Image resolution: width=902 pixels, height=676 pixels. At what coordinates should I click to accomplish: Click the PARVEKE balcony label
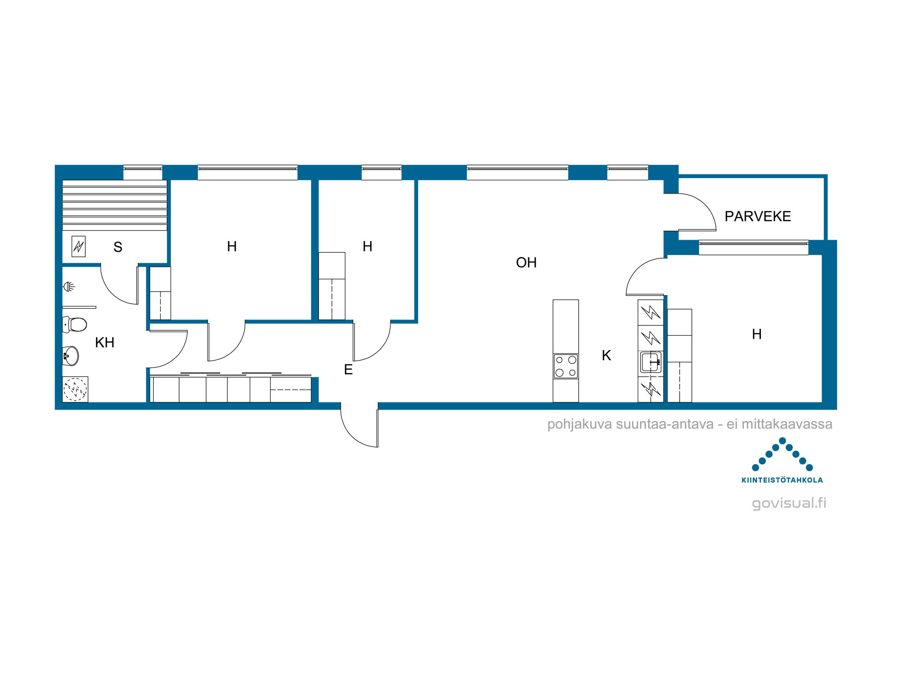pyautogui.click(x=758, y=216)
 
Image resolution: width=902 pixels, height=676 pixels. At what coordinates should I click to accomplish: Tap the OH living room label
pyautogui.click(x=526, y=262)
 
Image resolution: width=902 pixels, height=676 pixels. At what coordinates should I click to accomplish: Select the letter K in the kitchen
pyautogui.click(x=607, y=355)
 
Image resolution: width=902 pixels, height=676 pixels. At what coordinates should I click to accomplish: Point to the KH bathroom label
pyautogui.click(x=105, y=343)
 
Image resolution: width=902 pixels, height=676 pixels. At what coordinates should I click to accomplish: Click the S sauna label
pyautogui.click(x=118, y=247)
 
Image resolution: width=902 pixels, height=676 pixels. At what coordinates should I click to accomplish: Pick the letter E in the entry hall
pyautogui.click(x=348, y=370)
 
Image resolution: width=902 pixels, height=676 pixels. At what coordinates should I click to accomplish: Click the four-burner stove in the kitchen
pyautogui.click(x=566, y=366)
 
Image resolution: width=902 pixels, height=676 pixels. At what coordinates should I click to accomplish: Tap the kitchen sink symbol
pyautogui.click(x=650, y=362)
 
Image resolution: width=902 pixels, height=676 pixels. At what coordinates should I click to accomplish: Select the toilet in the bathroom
pyautogui.click(x=74, y=324)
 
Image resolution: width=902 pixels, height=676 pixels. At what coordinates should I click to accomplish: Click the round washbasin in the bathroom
pyautogui.click(x=71, y=356)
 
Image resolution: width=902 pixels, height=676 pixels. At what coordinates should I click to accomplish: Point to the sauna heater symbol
pyautogui.click(x=78, y=247)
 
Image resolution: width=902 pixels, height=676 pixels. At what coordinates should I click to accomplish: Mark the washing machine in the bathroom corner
pyautogui.click(x=75, y=389)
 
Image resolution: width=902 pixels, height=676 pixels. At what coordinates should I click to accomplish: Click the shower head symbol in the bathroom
pyautogui.click(x=69, y=286)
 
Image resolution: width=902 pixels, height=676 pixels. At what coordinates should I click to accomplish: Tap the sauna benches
pyautogui.click(x=115, y=206)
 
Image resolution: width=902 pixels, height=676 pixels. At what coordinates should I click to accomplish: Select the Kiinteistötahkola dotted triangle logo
pyautogui.click(x=782, y=454)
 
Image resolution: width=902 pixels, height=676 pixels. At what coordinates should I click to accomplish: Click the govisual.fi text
pyautogui.click(x=789, y=503)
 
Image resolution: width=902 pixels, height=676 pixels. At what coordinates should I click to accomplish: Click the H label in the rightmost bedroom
pyautogui.click(x=757, y=334)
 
